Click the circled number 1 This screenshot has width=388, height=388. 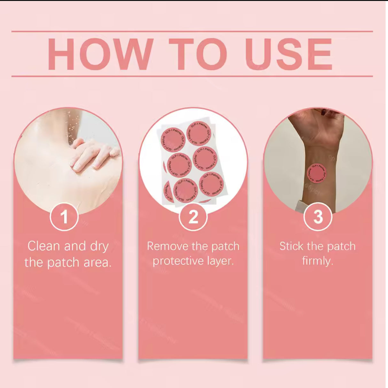coord(64,217)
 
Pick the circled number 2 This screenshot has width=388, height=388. coord(193,217)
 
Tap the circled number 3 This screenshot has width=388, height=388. coord(318,217)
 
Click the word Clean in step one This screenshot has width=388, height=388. coord(43,246)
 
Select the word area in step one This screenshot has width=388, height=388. coord(97,262)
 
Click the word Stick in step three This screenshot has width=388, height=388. coord(292,246)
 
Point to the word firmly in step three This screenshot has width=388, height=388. coord(317,261)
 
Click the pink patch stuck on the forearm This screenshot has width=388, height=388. coord(317,175)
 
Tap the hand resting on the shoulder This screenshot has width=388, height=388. coord(93,155)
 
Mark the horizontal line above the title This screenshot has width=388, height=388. coord(192,31)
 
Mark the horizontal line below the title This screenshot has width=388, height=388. coord(192,76)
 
